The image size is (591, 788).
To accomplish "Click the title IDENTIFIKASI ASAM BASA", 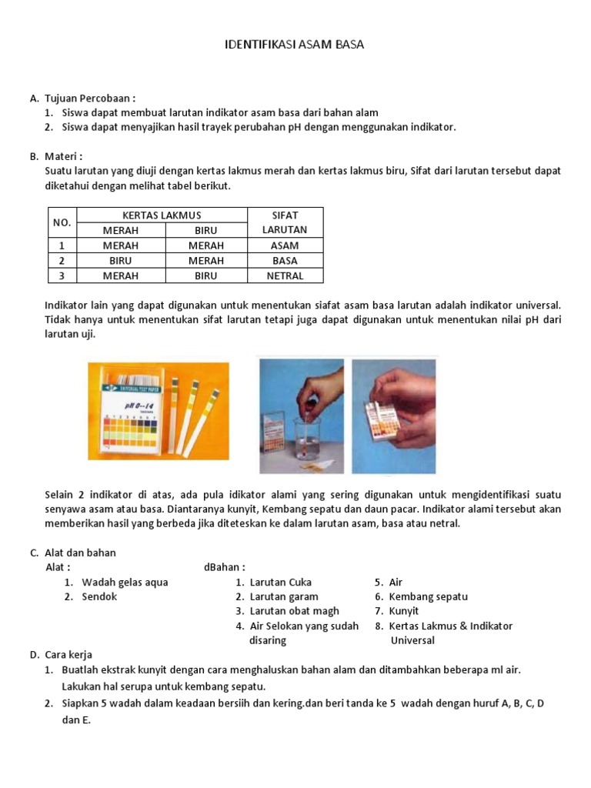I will coord(294,45).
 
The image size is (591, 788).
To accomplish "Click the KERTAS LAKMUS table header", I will coord(162,215).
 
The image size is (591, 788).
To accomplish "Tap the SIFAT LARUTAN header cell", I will coord(285,222).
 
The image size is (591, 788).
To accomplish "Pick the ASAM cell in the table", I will coord(285,245).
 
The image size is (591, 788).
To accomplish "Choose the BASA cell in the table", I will coord(285,261).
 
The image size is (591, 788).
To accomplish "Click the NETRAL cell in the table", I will coord(285,275).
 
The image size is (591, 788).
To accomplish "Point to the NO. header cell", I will coord(62,222).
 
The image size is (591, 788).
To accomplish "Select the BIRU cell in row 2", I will coord(121,261).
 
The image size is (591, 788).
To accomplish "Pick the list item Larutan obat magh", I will coord(294,611).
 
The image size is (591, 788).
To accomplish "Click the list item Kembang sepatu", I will coord(428,596).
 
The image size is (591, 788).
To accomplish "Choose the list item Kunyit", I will coord(404,611).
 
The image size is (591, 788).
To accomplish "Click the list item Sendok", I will coord(100,596).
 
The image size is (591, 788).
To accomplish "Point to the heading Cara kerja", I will coord(68,655).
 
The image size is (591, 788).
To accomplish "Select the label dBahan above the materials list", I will coord(224,568).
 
